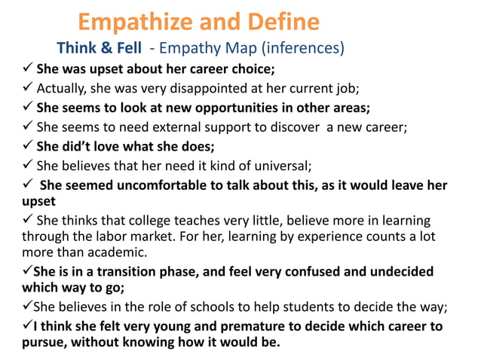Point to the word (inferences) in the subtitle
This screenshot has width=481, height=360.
coord(302,49)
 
